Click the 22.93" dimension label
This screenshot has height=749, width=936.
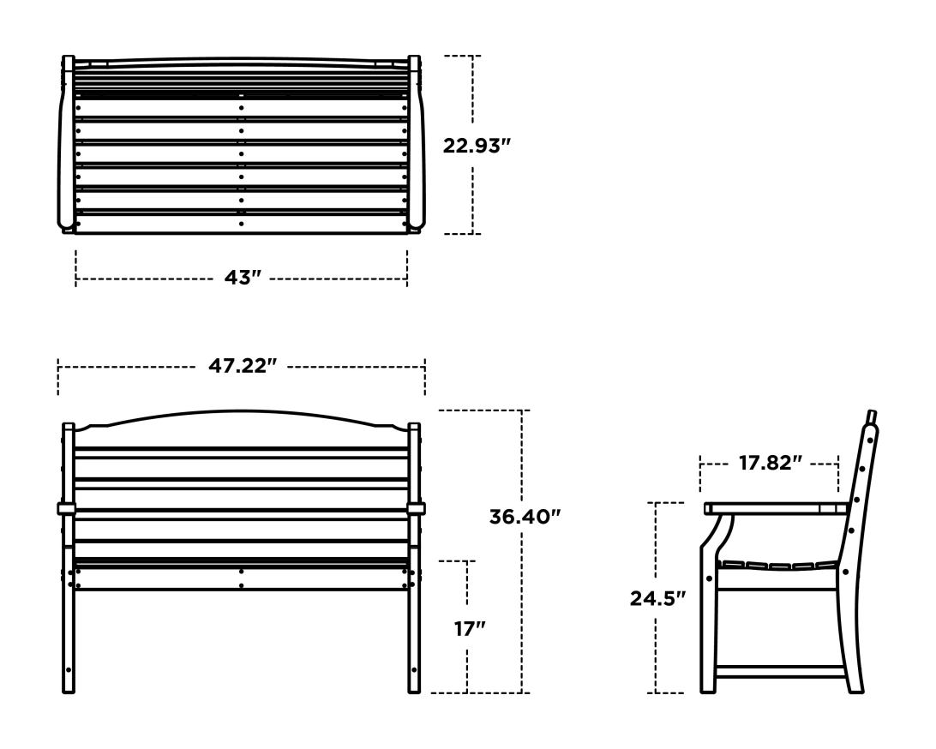point(477,146)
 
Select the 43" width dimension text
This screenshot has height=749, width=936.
point(242,279)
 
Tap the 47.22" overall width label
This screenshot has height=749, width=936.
point(243,366)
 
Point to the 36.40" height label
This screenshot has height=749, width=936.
point(525,518)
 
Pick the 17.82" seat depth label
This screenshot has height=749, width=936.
point(770,464)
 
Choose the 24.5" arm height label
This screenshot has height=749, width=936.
point(657,598)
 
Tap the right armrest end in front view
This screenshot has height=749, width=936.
point(417,509)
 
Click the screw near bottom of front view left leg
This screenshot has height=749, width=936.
point(69,670)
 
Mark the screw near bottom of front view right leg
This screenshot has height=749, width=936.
point(415,670)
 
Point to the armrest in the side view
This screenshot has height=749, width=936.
point(771,508)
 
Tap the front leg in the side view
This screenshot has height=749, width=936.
point(708,626)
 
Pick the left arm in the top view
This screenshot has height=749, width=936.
point(67,146)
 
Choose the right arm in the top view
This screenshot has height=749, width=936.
point(416,146)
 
